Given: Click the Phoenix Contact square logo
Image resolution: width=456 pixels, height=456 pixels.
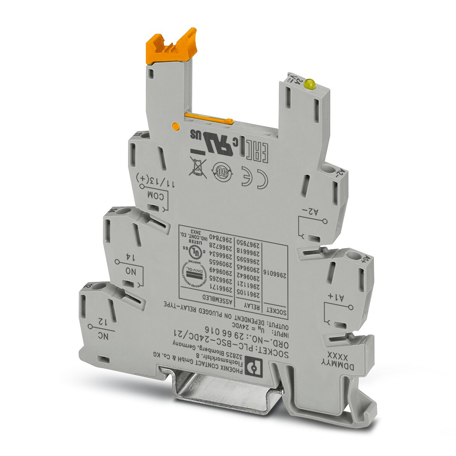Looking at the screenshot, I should coord(250,366).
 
